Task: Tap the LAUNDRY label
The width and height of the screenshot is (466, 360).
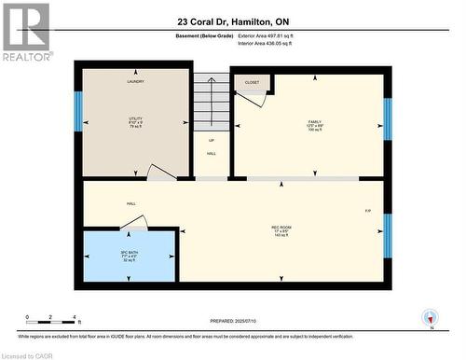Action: point(136,82)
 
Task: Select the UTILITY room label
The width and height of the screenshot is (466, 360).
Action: point(136,120)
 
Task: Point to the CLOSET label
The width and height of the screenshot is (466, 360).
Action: point(252,82)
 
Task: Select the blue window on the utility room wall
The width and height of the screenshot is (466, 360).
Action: point(78,111)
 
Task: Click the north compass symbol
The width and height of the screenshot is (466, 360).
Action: point(429,318)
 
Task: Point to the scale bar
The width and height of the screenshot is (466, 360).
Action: point(52,322)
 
